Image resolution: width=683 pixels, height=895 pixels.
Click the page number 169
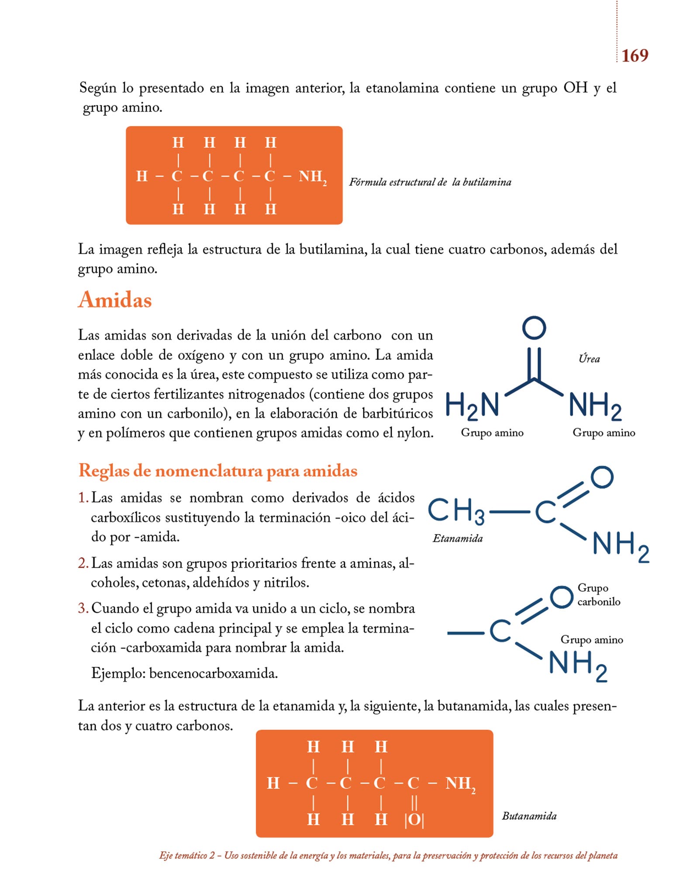point(635,56)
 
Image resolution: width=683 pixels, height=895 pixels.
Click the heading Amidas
point(115,300)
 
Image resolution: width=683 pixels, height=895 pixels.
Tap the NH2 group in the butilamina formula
point(312,177)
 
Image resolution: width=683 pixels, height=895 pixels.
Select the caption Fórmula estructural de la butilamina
point(430,182)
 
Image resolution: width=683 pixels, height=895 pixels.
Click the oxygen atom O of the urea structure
point(534,328)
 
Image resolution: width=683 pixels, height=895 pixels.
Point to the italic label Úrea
point(589,359)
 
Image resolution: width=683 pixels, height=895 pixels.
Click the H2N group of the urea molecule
point(472,405)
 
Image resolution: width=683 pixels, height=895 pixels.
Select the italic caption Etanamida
point(458,538)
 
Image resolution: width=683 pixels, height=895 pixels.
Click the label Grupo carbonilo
point(598,595)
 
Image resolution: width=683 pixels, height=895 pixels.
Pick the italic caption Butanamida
point(529,816)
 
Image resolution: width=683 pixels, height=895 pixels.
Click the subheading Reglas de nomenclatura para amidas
point(218,471)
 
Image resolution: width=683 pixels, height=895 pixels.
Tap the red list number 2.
point(83,563)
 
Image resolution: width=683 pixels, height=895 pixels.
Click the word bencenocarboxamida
point(213,673)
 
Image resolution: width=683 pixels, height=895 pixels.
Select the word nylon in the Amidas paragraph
point(417,433)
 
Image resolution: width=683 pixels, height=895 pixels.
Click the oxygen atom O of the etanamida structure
point(602,477)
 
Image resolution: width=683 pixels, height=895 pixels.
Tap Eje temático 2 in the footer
point(187,855)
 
